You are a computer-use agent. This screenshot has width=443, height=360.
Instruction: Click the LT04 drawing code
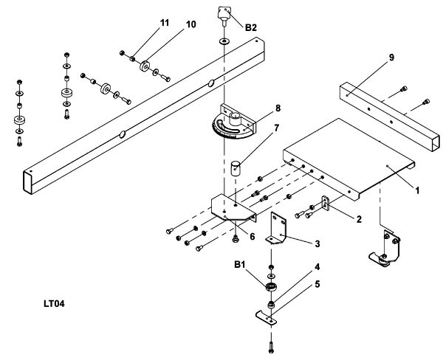tap(54, 303)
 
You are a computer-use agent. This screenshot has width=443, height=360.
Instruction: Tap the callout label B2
tap(250, 28)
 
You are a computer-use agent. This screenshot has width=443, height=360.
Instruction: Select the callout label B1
tap(239, 265)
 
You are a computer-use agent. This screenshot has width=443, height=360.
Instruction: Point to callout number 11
tap(165, 23)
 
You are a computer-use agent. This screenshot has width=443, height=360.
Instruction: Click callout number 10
tap(191, 24)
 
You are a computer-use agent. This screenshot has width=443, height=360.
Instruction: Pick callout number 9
tap(391, 58)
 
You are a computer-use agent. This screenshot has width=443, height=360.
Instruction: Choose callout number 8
tap(278, 108)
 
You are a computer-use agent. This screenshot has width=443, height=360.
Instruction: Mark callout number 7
tap(277, 128)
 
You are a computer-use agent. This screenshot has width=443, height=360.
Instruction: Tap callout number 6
tap(253, 237)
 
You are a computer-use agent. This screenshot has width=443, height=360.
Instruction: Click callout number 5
tap(317, 284)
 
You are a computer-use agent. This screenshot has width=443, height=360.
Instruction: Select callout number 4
tap(317, 267)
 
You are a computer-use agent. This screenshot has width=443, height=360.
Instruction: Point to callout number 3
tap(317, 243)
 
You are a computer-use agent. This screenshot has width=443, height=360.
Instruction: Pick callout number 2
tap(359, 219)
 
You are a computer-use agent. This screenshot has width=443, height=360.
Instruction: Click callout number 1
tap(417, 190)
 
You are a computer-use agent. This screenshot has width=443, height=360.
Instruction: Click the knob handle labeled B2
tap(224, 14)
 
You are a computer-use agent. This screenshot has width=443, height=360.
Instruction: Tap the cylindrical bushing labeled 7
tap(236, 168)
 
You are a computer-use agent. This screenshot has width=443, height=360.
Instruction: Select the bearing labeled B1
tap(271, 286)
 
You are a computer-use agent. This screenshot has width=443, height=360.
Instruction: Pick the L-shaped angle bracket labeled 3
tap(276, 228)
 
